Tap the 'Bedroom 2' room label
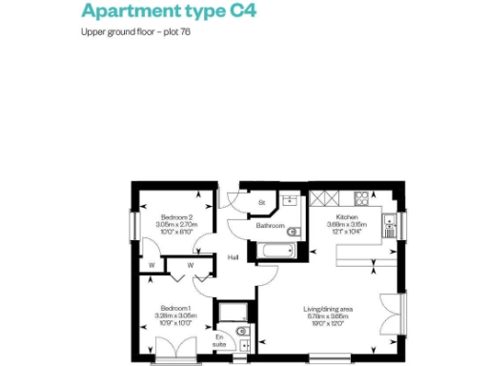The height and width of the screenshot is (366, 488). [175, 216]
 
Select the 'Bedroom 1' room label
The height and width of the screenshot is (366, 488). [175, 307]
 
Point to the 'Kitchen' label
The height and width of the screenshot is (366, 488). [344, 216]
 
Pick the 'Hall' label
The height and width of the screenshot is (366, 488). [233, 257]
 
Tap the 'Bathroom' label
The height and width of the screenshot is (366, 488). [269, 227]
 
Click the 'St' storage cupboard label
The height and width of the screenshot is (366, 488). [261, 203]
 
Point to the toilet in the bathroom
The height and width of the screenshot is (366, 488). [293, 231]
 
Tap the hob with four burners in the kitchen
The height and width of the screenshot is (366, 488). [361, 199]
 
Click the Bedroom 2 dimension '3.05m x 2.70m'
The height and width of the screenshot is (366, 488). [175, 225]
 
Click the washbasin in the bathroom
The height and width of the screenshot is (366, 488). [289, 202]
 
